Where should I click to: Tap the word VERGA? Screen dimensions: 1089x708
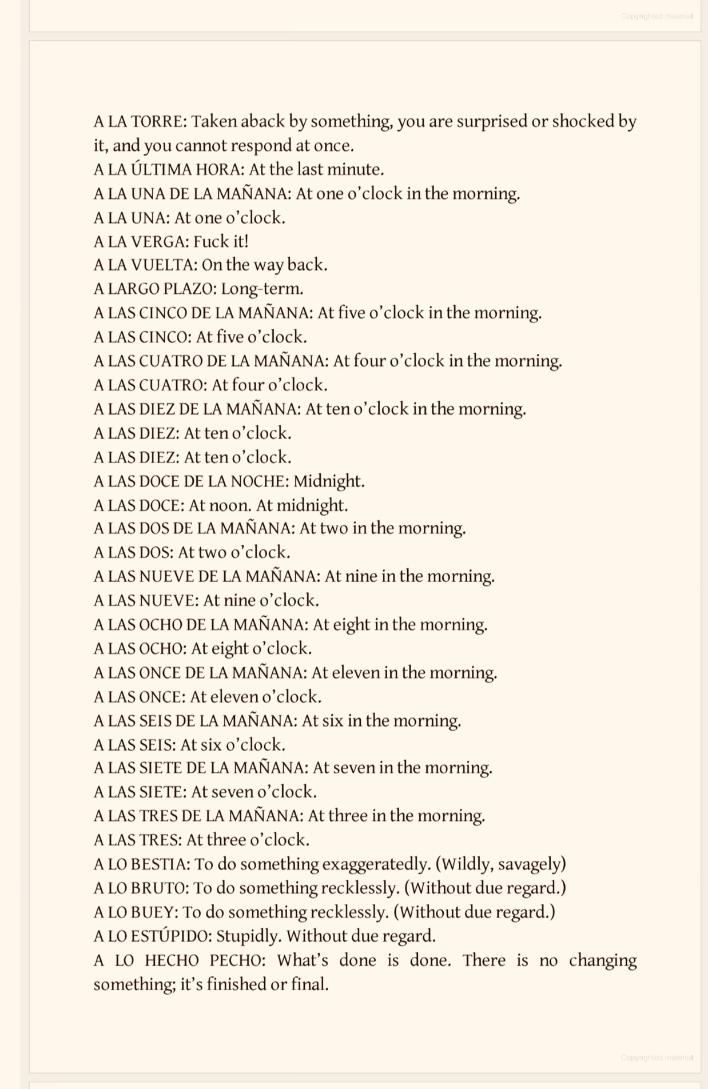160,242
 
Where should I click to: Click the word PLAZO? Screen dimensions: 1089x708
189,289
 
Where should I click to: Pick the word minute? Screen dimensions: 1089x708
357,170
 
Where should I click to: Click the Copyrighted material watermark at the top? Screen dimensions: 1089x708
657,16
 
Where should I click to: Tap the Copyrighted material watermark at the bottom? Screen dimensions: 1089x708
657,1058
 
